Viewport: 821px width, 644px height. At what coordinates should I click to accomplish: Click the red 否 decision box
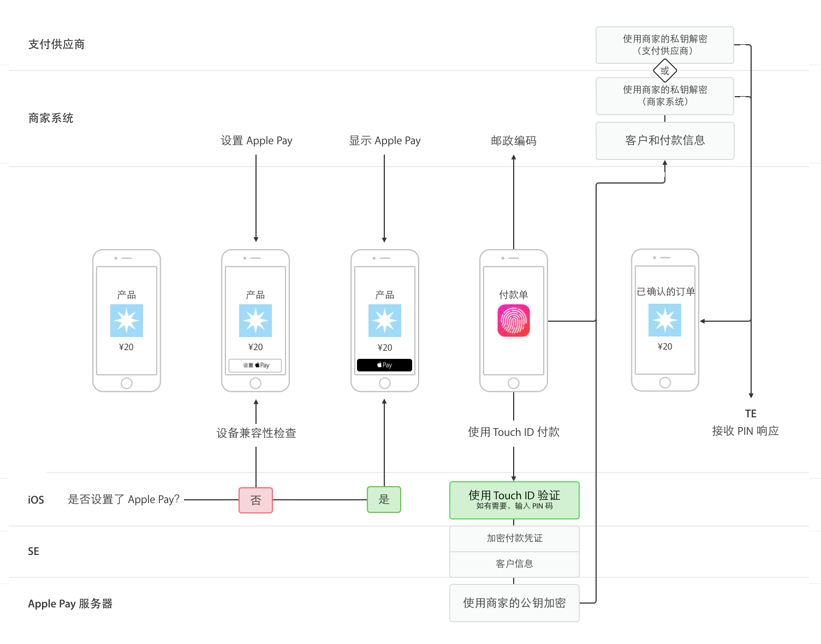[x=255, y=500]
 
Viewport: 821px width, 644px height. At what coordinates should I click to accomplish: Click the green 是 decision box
[x=384, y=499]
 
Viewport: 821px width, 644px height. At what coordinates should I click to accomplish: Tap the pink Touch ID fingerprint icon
[x=514, y=320]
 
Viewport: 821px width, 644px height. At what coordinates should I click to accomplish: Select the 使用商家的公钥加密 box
[x=514, y=602]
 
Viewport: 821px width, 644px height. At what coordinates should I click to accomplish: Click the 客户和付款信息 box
[x=665, y=140]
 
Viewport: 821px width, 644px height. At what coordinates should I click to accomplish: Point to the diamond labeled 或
[x=664, y=70]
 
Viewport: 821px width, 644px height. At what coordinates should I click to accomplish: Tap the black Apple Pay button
[x=384, y=365]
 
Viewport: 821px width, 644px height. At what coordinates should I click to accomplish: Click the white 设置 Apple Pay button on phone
[x=255, y=365]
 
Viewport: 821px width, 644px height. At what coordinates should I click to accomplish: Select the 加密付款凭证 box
[x=514, y=538]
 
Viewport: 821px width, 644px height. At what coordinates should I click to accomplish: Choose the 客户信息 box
[x=514, y=564]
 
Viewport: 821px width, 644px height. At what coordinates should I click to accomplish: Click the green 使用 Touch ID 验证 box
[x=514, y=500]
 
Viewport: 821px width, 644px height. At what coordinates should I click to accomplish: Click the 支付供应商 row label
[x=56, y=44]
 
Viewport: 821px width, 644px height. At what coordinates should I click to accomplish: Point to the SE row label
[x=33, y=551]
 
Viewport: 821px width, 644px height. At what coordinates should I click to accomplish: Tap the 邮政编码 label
[x=514, y=140]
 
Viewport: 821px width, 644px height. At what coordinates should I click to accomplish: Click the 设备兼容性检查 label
[x=256, y=433]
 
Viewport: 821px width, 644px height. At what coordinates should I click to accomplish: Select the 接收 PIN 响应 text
[x=745, y=430]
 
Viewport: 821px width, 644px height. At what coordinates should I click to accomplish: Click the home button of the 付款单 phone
[x=514, y=383]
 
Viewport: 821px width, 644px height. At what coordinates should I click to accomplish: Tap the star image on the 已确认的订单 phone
[x=664, y=320]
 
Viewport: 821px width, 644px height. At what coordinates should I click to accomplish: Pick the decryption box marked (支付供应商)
[x=665, y=45]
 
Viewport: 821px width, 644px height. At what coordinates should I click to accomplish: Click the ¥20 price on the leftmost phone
[x=126, y=347]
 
